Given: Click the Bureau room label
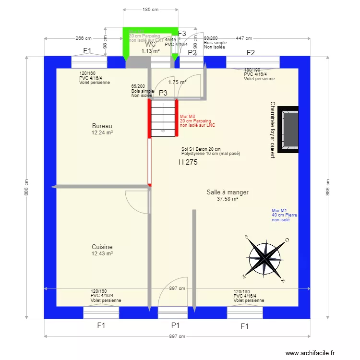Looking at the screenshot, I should [102, 126].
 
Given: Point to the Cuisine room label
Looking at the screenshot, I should [102, 247].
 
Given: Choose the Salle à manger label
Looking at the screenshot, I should [228, 192].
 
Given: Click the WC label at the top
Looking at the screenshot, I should [150, 45].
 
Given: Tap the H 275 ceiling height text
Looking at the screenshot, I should [188, 163].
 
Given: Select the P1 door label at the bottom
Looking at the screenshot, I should [175, 325].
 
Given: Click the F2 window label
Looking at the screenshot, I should [251, 52].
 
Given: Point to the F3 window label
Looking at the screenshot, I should [182, 33].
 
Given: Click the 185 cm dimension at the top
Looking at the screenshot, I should [151, 10].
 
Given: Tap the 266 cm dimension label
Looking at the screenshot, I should [83, 38].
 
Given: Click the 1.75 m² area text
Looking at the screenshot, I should [177, 82].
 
